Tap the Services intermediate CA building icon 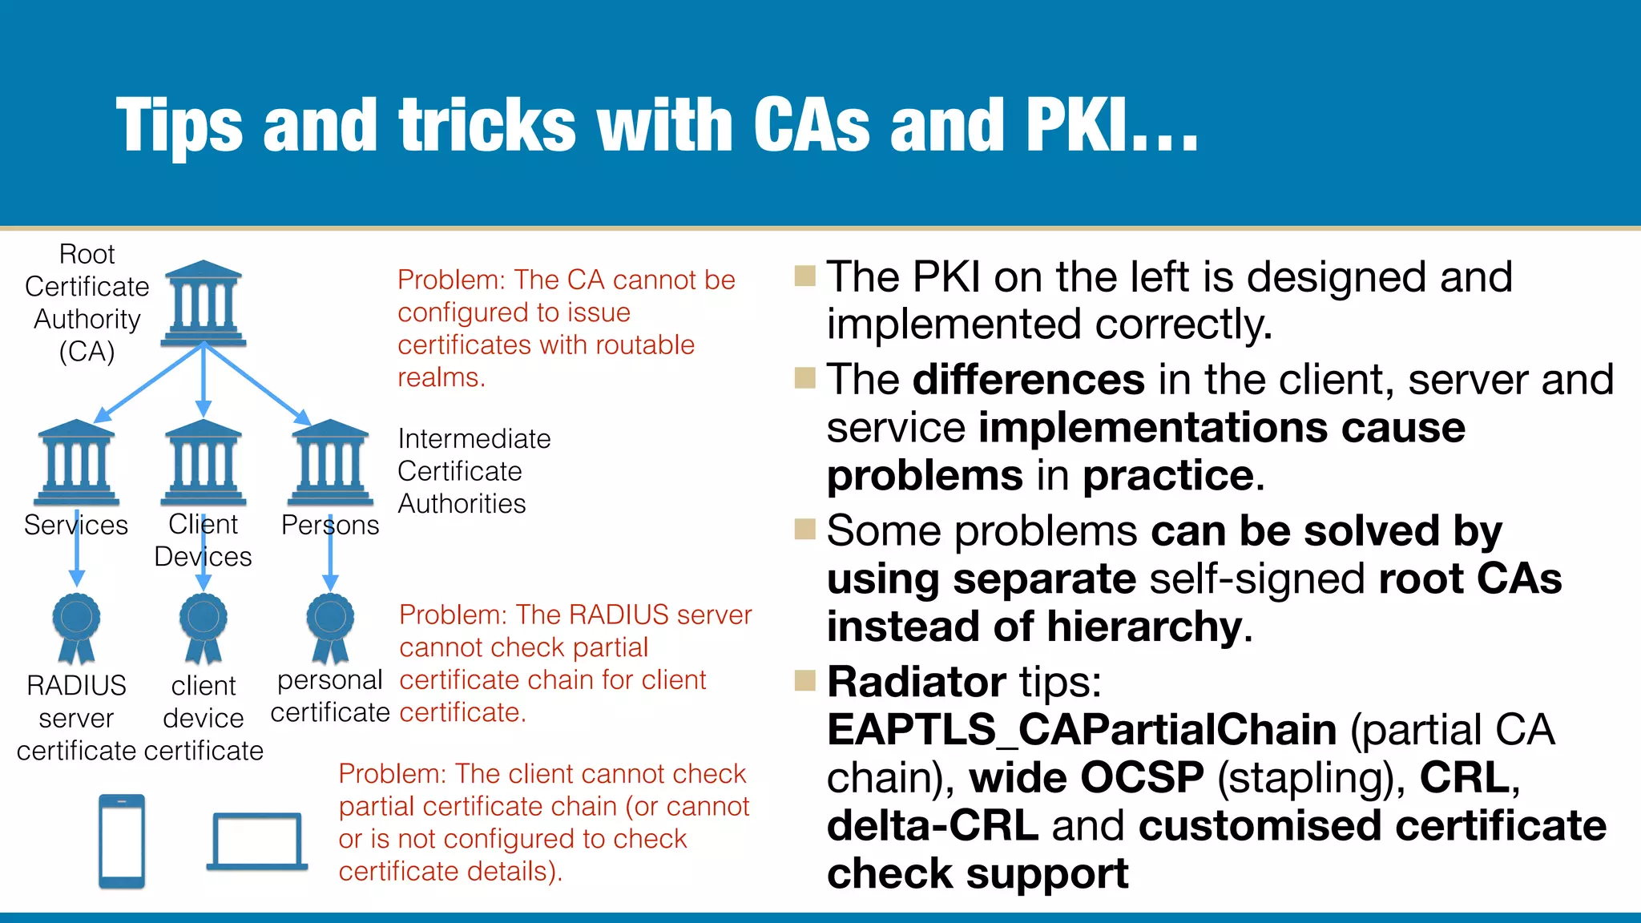click(x=77, y=462)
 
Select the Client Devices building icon click(x=203, y=462)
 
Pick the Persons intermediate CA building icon click(x=330, y=462)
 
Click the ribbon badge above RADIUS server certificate click(x=77, y=627)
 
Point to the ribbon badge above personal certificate click(x=330, y=627)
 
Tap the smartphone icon click(x=122, y=840)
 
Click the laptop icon click(x=257, y=841)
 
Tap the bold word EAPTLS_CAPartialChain click(x=1082, y=730)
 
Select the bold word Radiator click(x=916, y=682)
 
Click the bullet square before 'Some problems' click(x=804, y=529)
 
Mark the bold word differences click(x=1029, y=379)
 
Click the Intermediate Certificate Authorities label click(x=474, y=471)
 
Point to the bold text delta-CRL click(x=933, y=825)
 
